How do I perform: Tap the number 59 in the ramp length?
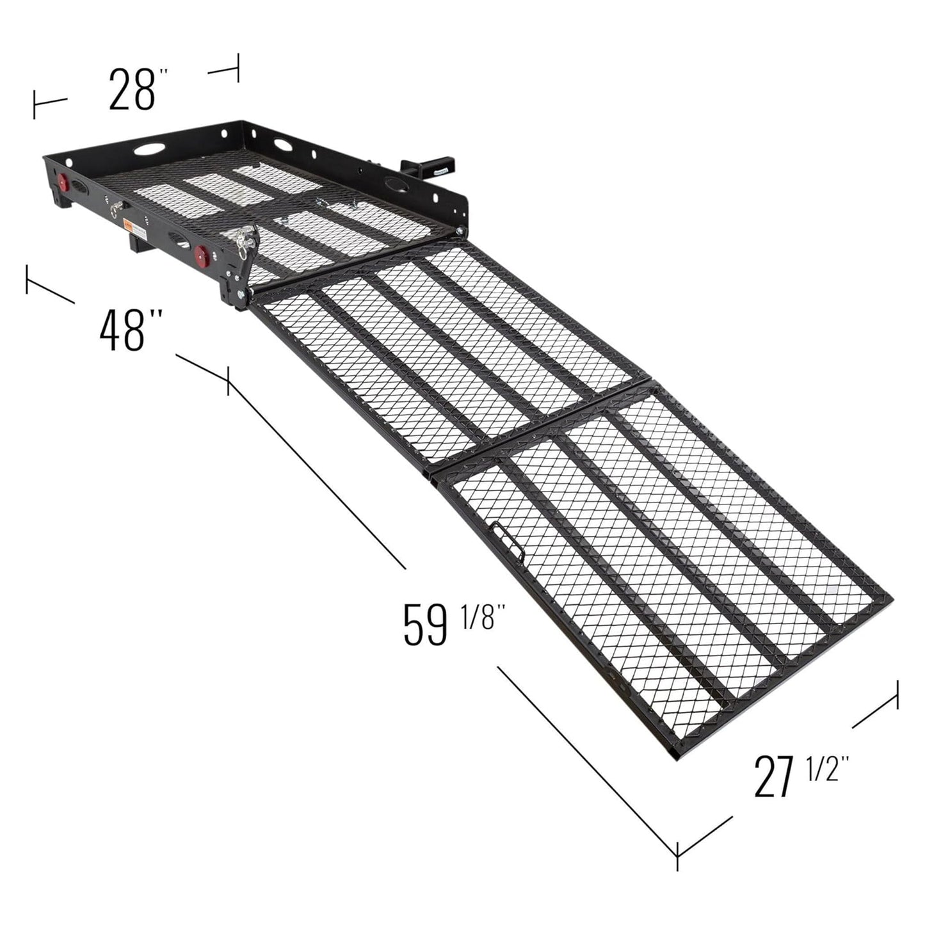424,624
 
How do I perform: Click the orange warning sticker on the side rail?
129,225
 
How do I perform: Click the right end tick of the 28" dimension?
238,68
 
